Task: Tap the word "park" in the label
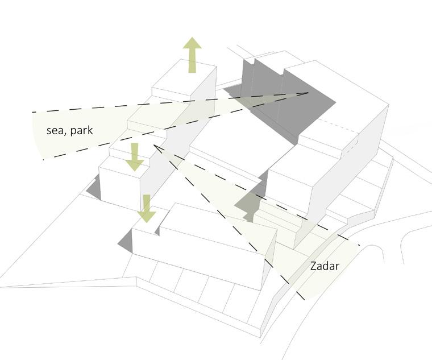[81, 131]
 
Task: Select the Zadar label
[325, 266]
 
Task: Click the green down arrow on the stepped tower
[135, 156]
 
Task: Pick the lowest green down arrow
[147, 208]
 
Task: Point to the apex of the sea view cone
[308, 93]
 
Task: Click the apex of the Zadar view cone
[154, 146]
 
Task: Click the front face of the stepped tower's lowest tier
[119, 188]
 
